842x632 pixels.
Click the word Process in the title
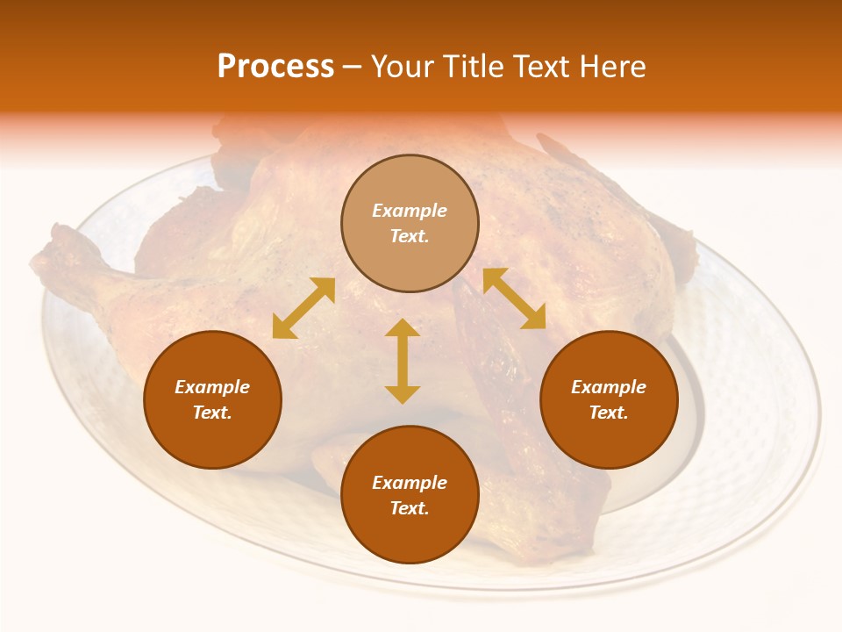click(x=275, y=67)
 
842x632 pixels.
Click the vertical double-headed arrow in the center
click(x=403, y=362)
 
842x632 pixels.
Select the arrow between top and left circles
click(x=303, y=308)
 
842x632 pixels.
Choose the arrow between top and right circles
click(x=514, y=298)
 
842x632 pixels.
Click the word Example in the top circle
click(x=410, y=211)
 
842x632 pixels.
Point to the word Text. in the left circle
click(x=212, y=413)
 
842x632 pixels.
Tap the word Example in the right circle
click(x=609, y=387)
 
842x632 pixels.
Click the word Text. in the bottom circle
click(x=410, y=508)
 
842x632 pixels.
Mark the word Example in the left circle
click(x=212, y=387)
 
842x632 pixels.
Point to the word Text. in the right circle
click(x=609, y=413)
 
